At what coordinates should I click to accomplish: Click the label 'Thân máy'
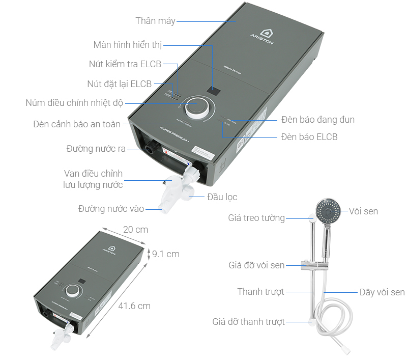pyautogui.click(x=155, y=21)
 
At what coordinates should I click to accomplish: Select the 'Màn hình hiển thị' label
pyautogui.click(x=127, y=45)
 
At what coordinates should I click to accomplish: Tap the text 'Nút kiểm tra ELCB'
pyautogui.click(x=125, y=64)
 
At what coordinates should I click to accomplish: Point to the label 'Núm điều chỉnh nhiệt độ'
pyautogui.click(x=74, y=103)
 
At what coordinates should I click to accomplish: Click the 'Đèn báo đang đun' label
pyautogui.click(x=317, y=120)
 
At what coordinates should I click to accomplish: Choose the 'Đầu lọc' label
pyautogui.click(x=222, y=197)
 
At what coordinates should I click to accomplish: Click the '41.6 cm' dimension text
pyautogui.click(x=134, y=306)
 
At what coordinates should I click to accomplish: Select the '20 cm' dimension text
pyautogui.click(x=135, y=230)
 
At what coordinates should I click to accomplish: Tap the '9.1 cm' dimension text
pyautogui.click(x=165, y=254)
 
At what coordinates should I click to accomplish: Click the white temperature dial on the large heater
pyautogui.click(x=195, y=108)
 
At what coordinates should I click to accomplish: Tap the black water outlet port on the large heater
pyautogui.click(x=150, y=150)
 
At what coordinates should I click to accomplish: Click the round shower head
pyautogui.click(x=327, y=210)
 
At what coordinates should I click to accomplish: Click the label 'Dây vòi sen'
pyautogui.click(x=382, y=292)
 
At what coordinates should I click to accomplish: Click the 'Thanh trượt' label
pyautogui.click(x=260, y=292)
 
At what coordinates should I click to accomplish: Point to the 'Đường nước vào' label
pyautogui.click(x=111, y=209)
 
